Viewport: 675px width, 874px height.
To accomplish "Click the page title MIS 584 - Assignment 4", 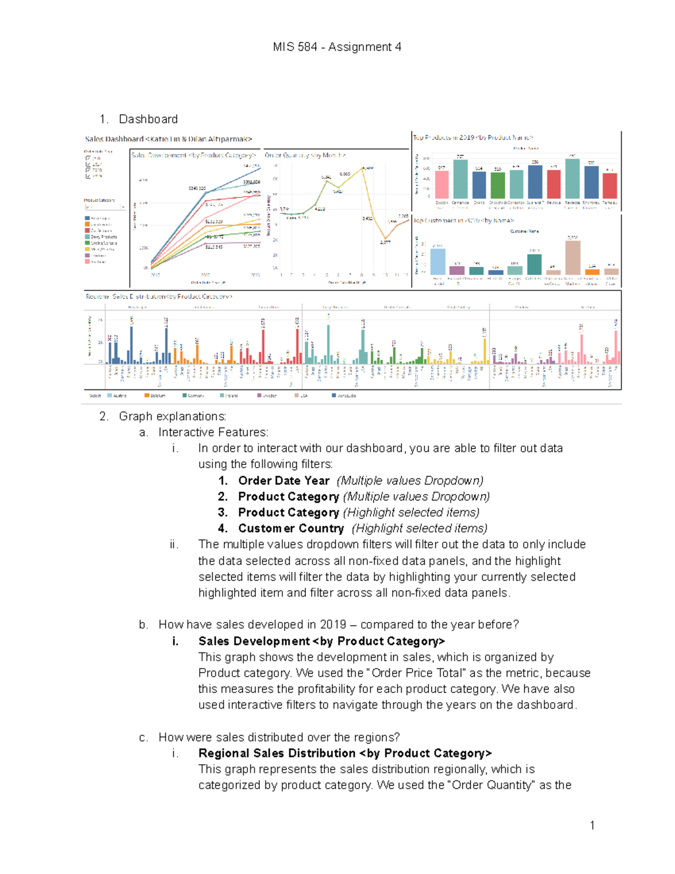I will point(337,47).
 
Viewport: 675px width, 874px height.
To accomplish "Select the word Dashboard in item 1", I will point(148,119).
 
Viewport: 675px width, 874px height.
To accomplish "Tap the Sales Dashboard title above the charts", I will point(168,139).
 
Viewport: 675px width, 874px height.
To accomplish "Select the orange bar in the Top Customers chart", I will point(592,272).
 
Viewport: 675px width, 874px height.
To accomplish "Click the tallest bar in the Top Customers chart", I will point(573,258).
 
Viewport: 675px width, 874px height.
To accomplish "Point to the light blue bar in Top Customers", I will point(438,262).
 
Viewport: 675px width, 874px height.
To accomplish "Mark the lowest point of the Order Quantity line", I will point(385,239).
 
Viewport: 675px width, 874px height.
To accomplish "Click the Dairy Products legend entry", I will point(103,237).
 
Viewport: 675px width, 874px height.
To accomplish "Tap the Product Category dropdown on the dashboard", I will point(105,207).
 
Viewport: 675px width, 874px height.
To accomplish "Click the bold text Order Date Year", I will point(283,481).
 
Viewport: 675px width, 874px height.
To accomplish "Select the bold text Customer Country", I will point(291,528).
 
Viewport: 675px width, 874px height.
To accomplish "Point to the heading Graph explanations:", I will point(172,416).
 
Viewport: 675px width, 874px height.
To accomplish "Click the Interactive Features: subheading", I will point(213,432).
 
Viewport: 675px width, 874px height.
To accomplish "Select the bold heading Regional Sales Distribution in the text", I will point(277,753).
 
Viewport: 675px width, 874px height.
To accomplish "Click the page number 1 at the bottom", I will point(592,826).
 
